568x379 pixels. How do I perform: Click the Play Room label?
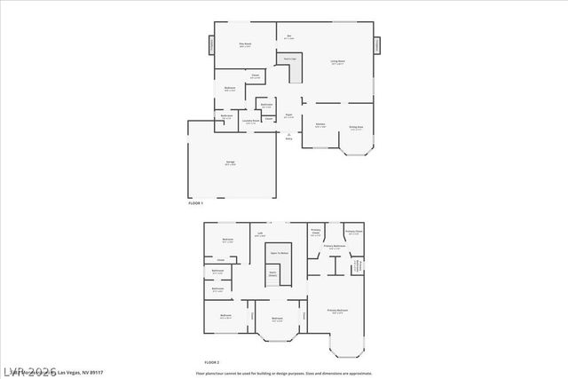point(246,44)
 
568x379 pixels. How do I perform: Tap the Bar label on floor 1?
point(289,36)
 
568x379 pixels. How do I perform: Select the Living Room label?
point(337,63)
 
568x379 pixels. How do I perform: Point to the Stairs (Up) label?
point(288,59)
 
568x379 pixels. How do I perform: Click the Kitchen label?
point(320,125)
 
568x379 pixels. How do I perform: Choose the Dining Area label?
point(356,128)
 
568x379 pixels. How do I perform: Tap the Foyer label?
point(288,115)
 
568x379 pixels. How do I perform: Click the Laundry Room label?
point(251,122)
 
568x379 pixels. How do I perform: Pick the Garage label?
point(230,163)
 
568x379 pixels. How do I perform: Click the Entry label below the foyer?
point(288,138)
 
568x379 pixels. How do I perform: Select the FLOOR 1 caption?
point(197,204)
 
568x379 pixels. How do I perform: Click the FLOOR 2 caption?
point(211,363)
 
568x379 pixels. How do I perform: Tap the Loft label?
point(260,234)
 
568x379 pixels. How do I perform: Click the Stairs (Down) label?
point(272,275)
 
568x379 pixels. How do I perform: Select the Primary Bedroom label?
point(337,311)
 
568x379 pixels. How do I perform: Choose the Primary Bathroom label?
point(334,247)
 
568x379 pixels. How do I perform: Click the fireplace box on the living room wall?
point(376,44)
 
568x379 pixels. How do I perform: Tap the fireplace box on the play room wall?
point(211,44)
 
